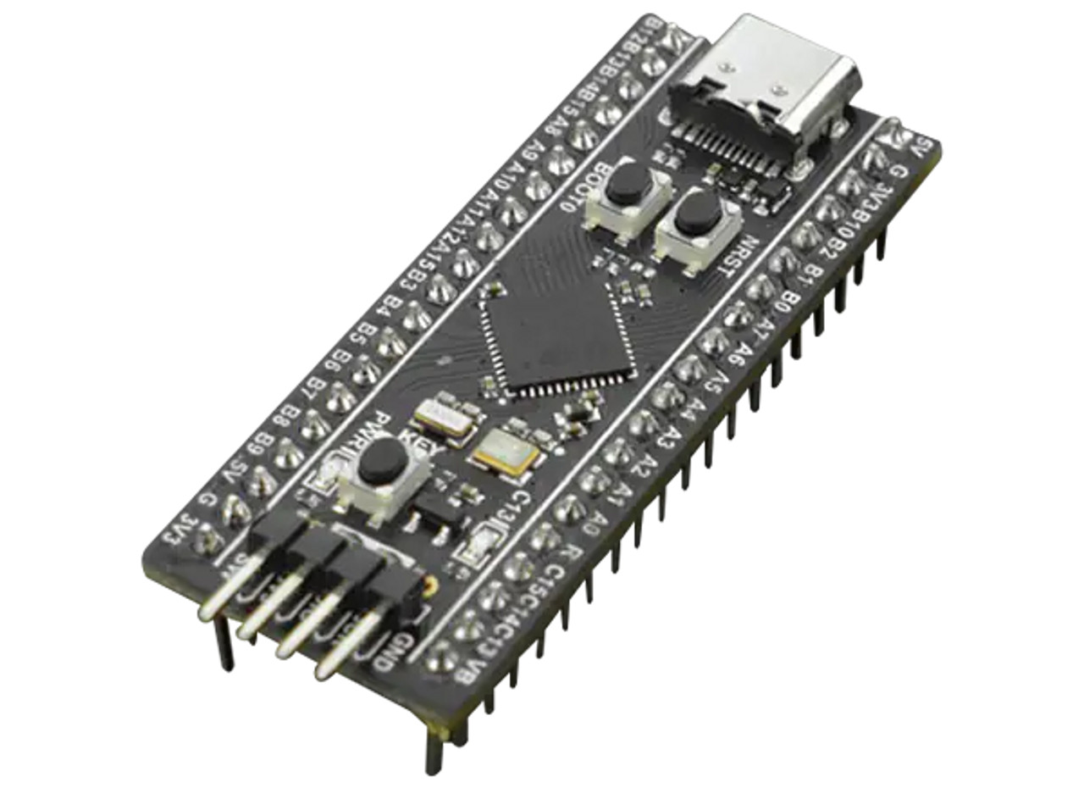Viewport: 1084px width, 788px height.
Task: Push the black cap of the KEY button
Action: click(380, 462)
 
